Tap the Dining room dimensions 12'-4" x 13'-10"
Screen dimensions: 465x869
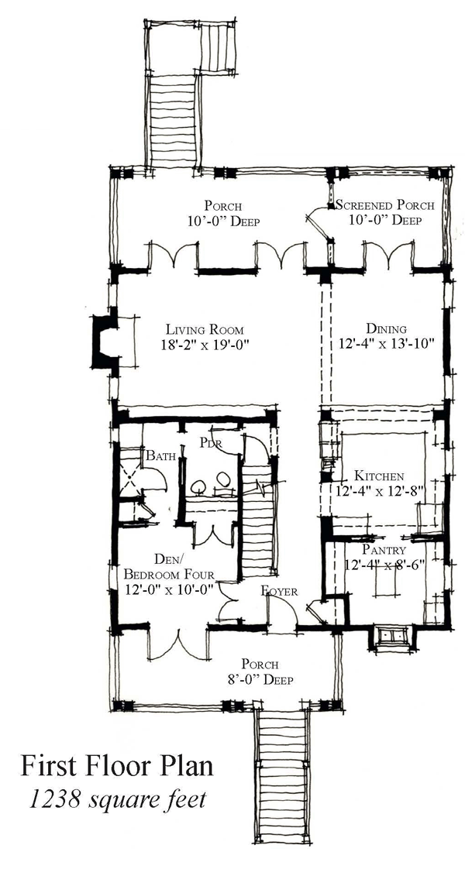[x=385, y=344]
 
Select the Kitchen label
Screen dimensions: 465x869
[x=379, y=476]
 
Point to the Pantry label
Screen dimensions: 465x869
[x=384, y=551]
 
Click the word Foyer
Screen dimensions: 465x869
[x=279, y=592]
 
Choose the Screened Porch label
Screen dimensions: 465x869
[x=384, y=205]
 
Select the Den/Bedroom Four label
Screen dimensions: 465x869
[x=168, y=566]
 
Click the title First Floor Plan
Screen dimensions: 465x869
[x=117, y=767]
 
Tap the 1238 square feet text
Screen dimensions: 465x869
[x=116, y=799]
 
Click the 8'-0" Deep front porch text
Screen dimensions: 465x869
[x=260, y=679]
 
